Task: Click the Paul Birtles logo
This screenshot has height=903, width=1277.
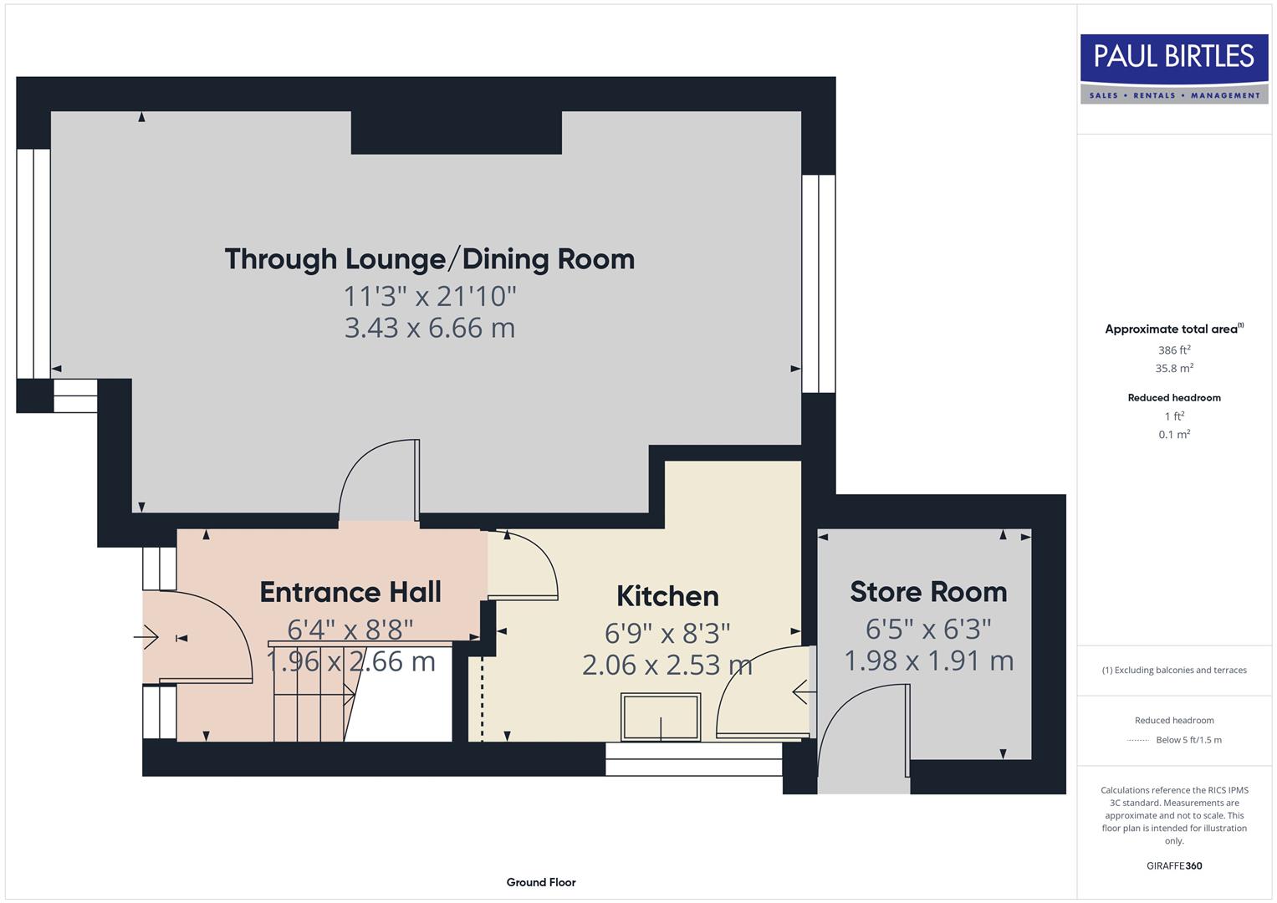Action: pyautogui.click(x=1174, y=69)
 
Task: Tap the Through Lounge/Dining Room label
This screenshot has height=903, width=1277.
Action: pyautogui.click(x=429, y=259)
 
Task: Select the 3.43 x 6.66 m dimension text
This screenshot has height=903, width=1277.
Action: pyautogui.click(x=429, y=328)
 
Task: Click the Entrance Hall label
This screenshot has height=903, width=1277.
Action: pyautogui.click(x=350, y=592)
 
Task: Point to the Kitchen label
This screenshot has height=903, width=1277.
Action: pyautogui.click(x=667, y=596)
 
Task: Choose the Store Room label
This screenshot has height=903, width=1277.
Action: pyautogui.click(x=928, y=592)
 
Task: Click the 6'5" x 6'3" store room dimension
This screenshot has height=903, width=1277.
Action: pyautogui.click(x=928, y=628)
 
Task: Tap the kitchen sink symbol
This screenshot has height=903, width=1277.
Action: pyautogui.click(x=661, y=717)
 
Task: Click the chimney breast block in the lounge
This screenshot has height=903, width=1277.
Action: pyautogui.click(x=456, y=132)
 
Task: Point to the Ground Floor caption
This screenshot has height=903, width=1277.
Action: pyautogui.click(x=541, y=882)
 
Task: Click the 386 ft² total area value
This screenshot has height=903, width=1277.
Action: pyautogui.click(x=1174, y=350)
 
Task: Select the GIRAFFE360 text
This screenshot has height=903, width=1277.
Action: pyautogui.click(x=1174, y=865)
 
